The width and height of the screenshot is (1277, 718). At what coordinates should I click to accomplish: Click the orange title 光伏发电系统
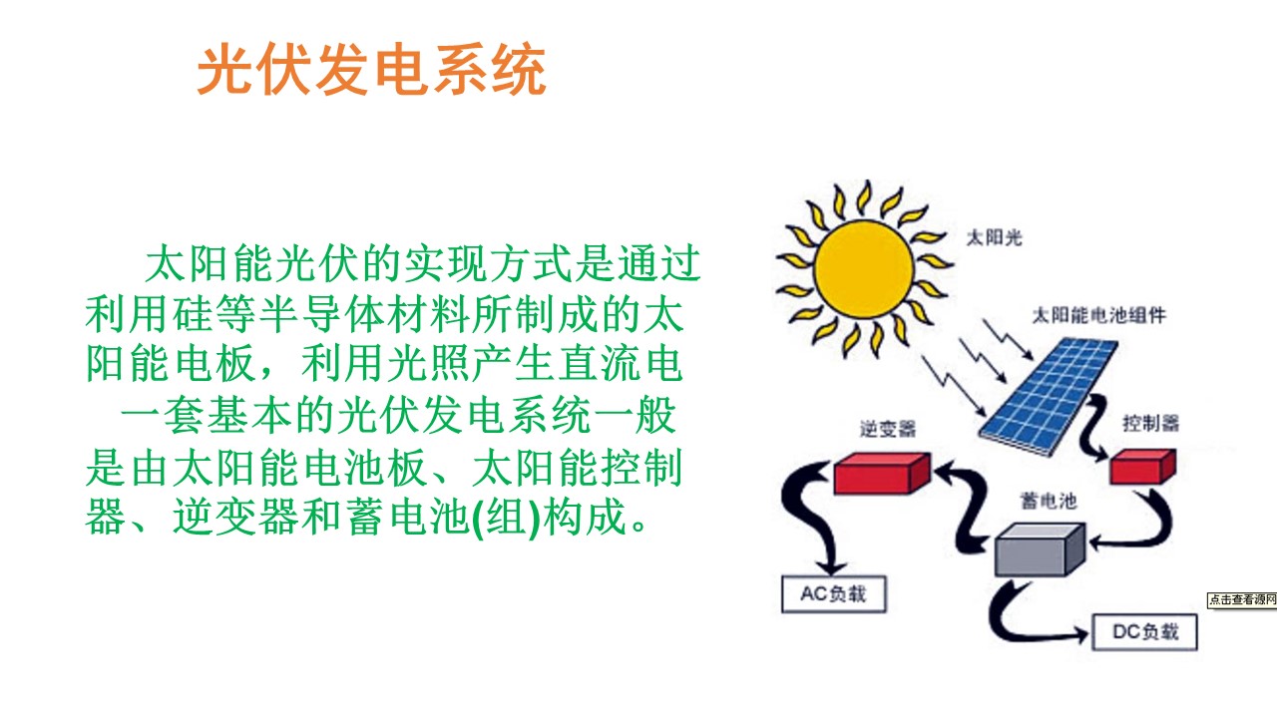372,69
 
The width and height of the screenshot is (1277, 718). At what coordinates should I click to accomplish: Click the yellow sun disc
864,269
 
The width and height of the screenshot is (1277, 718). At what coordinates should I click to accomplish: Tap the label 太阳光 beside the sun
994,237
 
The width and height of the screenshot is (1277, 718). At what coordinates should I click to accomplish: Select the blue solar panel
1048,396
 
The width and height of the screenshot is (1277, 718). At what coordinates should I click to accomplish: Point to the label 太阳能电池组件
1099,315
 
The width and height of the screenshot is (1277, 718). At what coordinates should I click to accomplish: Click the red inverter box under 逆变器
882,473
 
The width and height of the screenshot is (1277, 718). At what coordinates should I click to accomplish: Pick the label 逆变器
888,429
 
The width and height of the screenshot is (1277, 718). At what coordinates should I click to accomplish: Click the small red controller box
1142,466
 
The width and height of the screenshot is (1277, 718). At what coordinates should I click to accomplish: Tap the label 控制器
1150,423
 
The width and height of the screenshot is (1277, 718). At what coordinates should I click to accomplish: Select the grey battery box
1040,549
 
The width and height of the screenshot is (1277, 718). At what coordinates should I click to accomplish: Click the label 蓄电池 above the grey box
1049,501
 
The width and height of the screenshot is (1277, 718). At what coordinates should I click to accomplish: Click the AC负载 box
833,593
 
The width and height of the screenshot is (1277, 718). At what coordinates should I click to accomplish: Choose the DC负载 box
1144,632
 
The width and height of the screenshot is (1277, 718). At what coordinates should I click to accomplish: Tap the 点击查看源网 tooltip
1242,599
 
